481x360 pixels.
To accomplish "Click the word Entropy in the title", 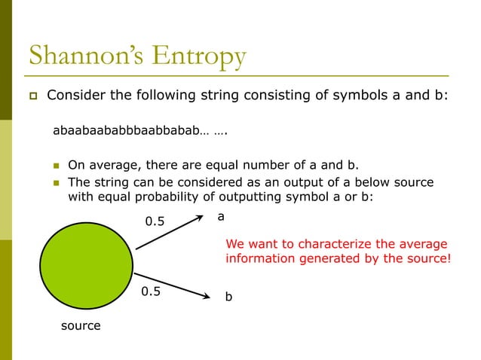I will click(x=202, y=56).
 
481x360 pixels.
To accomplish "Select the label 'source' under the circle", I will click(x=81, y=325).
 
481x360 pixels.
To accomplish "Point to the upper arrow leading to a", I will click(x=171, y=234).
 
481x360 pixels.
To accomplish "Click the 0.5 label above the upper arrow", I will click(x=155, y=221).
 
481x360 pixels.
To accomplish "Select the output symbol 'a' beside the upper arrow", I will click(x=221, y=216).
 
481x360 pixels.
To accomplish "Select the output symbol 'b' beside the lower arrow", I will click(x=229, y=298).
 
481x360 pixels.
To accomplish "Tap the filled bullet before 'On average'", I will click(x=55, y=166).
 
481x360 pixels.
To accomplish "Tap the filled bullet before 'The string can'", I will click(x=55, y=183).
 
